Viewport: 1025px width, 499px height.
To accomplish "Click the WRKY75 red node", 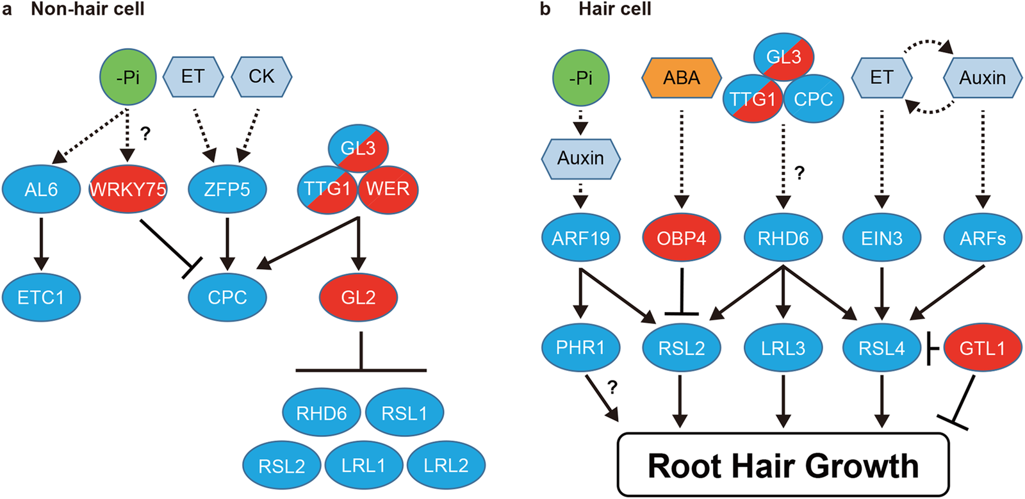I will point(127,189).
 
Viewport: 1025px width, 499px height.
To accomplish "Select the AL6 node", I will point(41,190).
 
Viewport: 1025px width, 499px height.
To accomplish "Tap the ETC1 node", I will point(41,297).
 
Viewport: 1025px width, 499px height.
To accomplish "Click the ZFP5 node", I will point(227,190).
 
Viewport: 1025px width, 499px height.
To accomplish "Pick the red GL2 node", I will point(358,297).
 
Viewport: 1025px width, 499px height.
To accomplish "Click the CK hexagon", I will point(261,77).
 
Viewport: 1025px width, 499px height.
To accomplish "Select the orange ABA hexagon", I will point(681,78).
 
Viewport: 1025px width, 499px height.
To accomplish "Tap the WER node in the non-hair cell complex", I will point(388,189).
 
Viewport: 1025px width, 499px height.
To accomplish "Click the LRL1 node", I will point(363,465).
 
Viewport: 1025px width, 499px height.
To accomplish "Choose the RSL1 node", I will point(404,413).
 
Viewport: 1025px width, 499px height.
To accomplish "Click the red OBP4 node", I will point(681,238).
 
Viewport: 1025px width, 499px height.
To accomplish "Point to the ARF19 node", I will point(580,238).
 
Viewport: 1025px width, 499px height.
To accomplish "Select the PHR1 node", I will point(580,347).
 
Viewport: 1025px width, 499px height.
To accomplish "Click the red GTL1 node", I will point(982,348).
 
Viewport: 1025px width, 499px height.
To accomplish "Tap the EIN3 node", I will point(881,238).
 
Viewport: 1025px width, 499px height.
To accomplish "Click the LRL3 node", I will point(783,348).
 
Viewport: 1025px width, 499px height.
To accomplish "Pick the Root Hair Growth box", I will point(782,466).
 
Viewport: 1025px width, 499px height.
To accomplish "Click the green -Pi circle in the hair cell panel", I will point(580,78).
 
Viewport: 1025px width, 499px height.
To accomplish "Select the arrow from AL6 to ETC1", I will point(41,243).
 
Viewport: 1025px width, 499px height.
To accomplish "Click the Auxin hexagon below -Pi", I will point(580,158).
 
